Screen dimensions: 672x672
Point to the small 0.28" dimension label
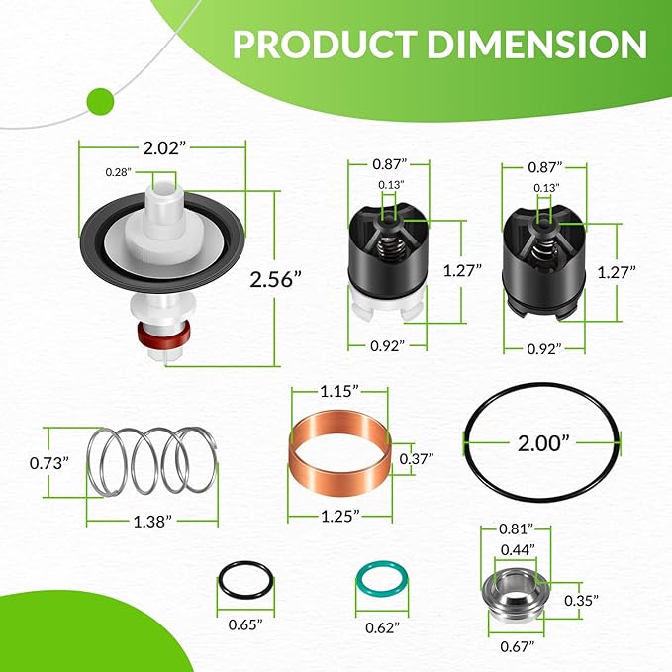pos(118,172)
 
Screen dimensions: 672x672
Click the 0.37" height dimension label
pos(418,458)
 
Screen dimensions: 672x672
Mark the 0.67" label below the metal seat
pos(516,646)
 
